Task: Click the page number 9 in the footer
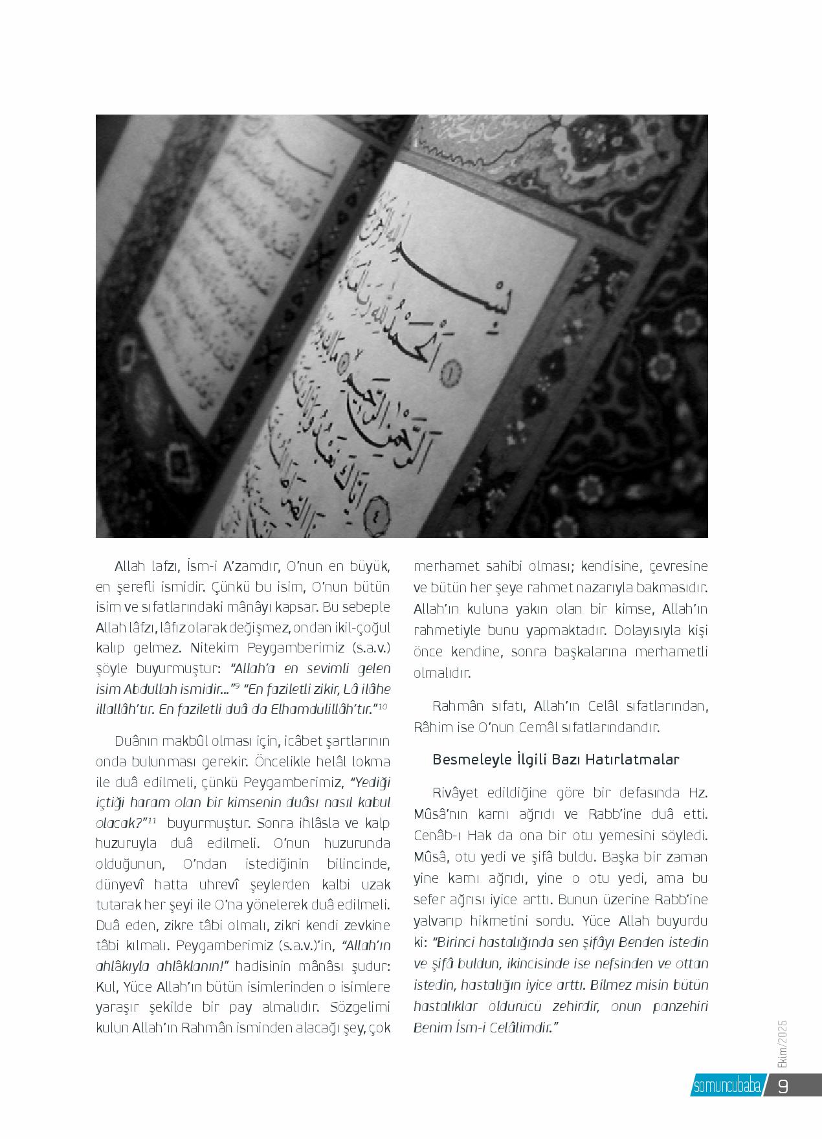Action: tap(783, 1087)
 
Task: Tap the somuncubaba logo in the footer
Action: tap(726, 1087)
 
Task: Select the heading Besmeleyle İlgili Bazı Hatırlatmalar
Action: tap(555, 759)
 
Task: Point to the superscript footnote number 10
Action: tap(383, 706)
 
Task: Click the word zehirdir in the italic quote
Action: tap(578, 1007)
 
